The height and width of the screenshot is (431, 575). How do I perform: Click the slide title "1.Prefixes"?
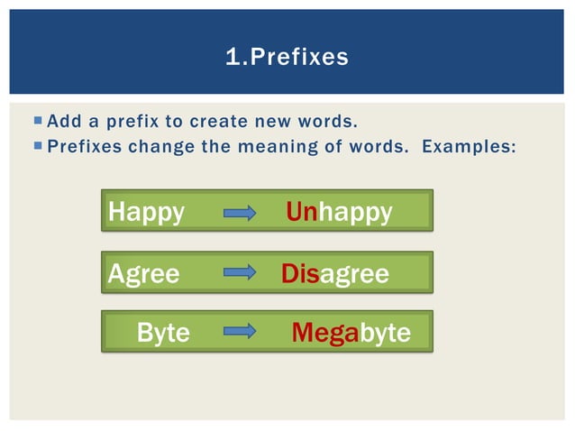tap(287, 58)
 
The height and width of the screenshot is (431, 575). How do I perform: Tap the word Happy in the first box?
tap(146, 212)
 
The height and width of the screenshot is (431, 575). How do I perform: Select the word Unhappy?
tap(339, 212)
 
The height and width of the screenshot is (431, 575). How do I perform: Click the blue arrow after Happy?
tap(240, 213)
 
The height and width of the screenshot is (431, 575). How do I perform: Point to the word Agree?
tap(143, 273)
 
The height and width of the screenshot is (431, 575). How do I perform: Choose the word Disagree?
tap(334, 273)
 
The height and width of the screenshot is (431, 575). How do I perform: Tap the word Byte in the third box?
tap(163, 333)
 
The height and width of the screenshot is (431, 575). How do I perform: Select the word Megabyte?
tap(351, 333)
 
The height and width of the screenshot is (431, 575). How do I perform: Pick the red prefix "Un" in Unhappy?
tap(301, 212)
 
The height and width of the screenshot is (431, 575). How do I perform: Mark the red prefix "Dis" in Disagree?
tap(300, 273)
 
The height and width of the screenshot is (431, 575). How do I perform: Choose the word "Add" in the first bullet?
tap(62, 121)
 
